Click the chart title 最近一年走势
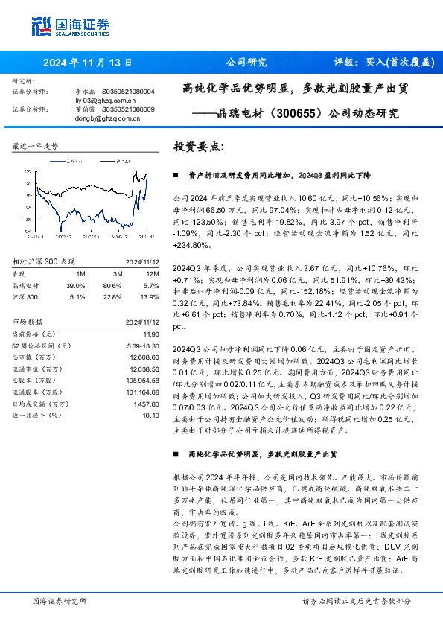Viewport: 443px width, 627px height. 36,147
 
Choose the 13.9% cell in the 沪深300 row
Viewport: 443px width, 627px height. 149,296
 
